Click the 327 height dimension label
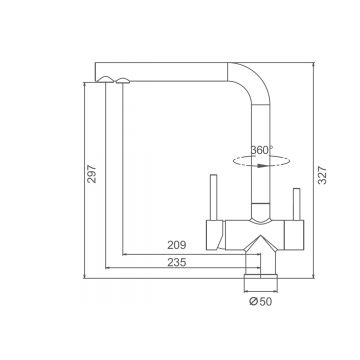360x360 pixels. click(322, 175)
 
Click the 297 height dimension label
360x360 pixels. click(91, 174)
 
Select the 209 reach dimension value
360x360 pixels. click(177, 245)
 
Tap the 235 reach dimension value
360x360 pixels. click(177, 262)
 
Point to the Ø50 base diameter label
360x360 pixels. click(261, 301)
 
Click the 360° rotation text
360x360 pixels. click(262, 150)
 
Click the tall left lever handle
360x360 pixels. click(214, 197)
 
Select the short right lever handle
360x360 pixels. click(297, 204)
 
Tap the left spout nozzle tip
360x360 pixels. click(106, 78)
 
